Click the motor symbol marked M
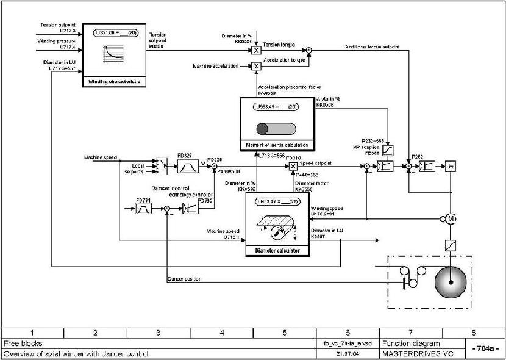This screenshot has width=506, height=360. [451, 218]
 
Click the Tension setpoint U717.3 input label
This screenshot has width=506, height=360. [57, 27]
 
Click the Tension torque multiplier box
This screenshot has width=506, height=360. [257, 51]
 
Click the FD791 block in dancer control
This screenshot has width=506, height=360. [144, 209]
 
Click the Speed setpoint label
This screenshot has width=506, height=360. [317, 163]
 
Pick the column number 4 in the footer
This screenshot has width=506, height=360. [221, 333]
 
